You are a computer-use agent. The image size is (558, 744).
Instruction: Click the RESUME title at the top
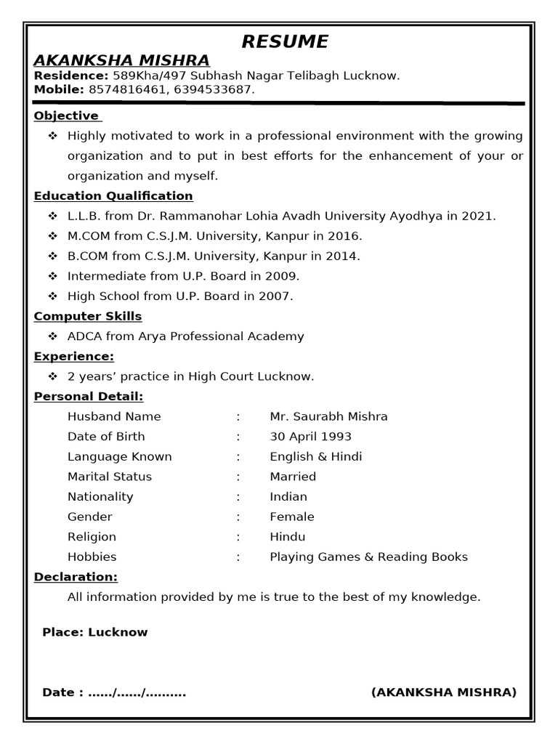pos(284,41)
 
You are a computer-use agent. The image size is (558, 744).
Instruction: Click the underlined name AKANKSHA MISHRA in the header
pos(121,60)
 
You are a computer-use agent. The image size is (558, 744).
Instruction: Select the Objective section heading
pos(66,116)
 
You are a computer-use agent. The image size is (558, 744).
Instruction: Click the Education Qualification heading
pos(113,195)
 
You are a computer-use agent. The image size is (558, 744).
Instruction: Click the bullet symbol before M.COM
pos(52,236)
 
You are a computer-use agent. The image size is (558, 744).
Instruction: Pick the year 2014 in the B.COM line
pos(344,256)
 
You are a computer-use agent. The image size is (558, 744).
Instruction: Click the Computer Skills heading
pos(88,316)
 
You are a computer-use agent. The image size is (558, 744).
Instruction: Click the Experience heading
pos(74,356)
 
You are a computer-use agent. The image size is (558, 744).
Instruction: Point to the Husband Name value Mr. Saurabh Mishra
pos(328,416)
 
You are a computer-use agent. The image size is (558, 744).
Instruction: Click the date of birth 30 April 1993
pos(310,437)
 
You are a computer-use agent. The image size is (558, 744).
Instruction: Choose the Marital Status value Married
pos(293,477)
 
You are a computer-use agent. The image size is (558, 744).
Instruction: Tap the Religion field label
pos(92,537)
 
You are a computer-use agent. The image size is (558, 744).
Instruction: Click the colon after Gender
pos(238,517)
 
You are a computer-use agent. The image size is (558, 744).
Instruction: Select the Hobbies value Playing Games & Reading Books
pos(368,557)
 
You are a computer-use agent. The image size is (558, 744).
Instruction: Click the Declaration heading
pos(76,577)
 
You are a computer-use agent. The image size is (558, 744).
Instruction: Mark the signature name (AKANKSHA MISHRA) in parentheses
pos(443,692)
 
